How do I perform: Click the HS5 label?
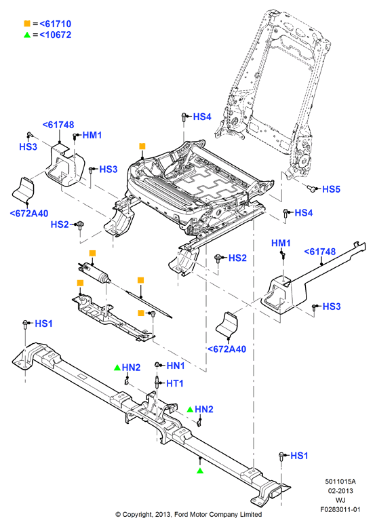click(x=331, y=189)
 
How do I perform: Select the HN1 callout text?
click(x=176, y=366)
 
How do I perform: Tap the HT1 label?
click(x=175, y=383)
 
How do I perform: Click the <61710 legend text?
click(x=56, y=24)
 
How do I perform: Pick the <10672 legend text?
click(x=56, y=35)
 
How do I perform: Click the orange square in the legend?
click(x=27, y=24)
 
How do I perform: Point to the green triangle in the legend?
click(x=27, y=35)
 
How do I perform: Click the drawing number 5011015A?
click(x=340, y=482)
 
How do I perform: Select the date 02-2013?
click(x=340, y=491)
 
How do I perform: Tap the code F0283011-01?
click(x=340, y=509)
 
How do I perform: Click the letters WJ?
click(x=340, y=500)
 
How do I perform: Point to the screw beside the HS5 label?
click(x=313, y=189)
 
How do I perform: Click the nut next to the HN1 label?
click(x=157, y=365)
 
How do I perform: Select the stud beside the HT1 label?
click(x=157, y=383)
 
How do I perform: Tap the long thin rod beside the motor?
click(x=149, y=304)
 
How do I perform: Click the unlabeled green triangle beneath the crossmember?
click(x=200, y=470)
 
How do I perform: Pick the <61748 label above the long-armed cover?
click(x=319, y=252)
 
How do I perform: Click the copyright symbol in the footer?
click(x=118, y=515)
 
